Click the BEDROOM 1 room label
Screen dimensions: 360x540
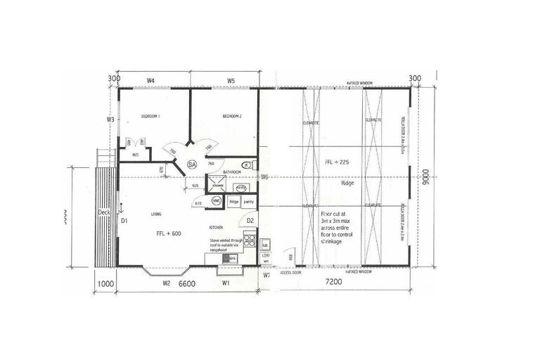150,116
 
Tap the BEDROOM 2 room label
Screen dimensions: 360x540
232,116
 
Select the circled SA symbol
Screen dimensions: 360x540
191,165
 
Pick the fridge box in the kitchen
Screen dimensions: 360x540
234,202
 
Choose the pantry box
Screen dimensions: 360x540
248,202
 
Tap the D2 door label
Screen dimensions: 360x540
250,221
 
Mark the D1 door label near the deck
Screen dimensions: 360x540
124,221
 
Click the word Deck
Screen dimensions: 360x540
104,211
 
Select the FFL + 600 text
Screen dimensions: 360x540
169,233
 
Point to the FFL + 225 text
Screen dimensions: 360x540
337,162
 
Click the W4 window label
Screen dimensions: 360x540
150,81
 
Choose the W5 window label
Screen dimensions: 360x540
231,81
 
